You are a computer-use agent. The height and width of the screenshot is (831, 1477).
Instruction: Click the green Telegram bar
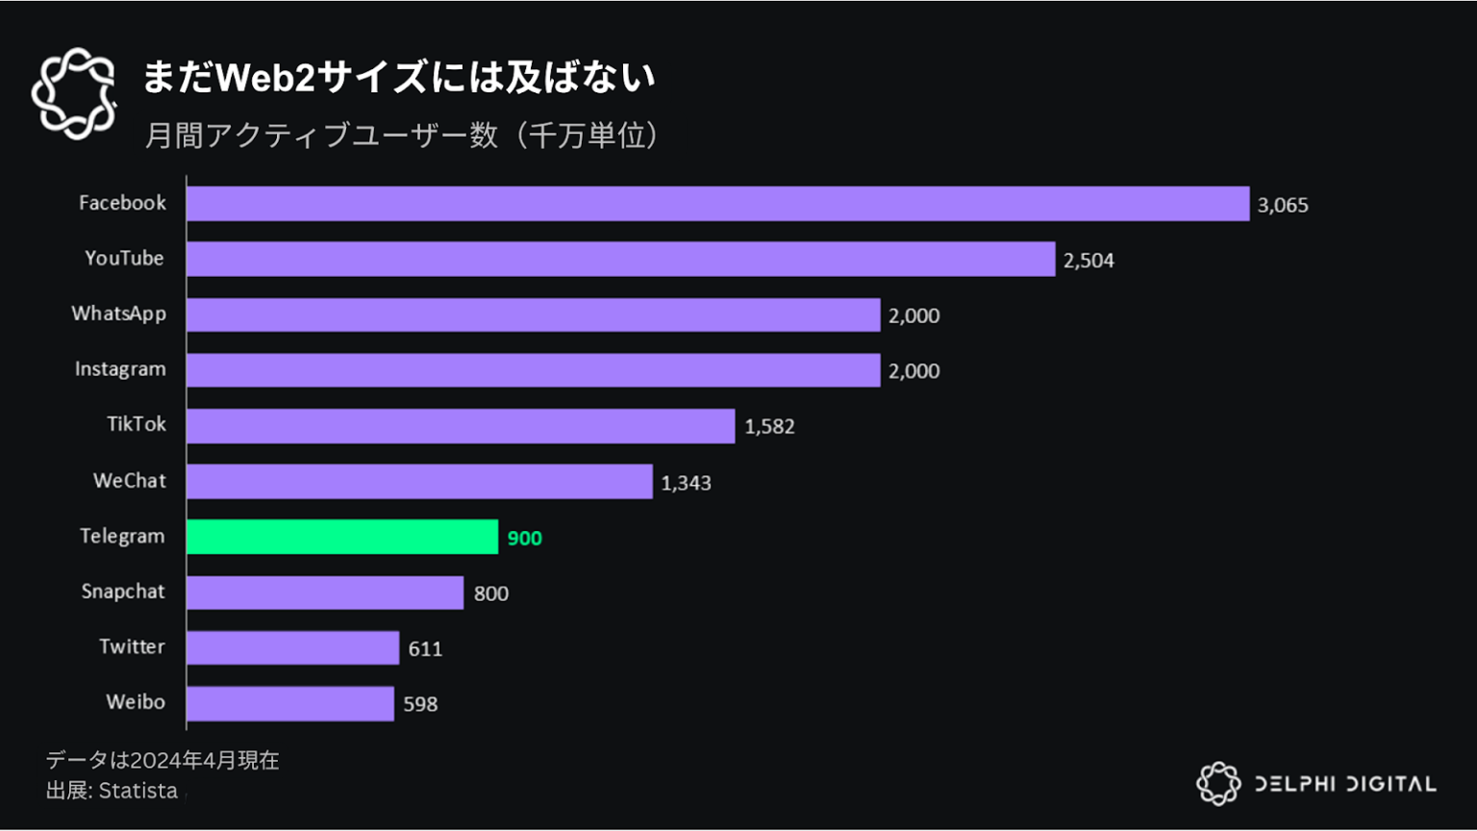tap(342, 537)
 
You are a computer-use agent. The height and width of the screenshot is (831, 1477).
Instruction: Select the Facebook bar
tap(717, 204)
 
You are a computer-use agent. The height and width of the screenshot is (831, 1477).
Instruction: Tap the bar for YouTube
tap(620, 260)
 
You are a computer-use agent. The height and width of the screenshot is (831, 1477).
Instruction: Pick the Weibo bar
tap(290, 703)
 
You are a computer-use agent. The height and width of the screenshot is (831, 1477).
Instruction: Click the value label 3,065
tap(1282, 205)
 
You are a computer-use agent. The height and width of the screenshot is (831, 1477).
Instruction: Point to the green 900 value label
tap(524, 538)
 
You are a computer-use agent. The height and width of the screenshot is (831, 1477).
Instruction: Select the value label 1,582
tap(769, 426)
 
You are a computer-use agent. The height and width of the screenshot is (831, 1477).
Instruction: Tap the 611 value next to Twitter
tap(425, 648)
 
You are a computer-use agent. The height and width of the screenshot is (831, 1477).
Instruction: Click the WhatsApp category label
tap(118, 314)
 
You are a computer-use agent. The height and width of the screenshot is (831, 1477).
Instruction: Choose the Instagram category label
tap(120, 369)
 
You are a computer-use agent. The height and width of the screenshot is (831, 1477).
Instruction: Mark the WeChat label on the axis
tap(129, 481)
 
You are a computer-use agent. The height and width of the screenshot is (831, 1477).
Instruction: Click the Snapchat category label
tap(123, 592)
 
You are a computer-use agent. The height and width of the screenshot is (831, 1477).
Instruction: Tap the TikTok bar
tap(461, 426)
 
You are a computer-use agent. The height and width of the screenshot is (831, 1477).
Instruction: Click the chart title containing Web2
tap(399, 77)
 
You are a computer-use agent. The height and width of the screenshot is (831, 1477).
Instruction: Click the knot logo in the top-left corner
tap(74, 93)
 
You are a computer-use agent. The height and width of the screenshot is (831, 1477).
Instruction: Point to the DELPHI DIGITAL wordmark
tap(1344, 784)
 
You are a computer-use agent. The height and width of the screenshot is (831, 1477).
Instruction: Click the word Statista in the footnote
tap(138, 791)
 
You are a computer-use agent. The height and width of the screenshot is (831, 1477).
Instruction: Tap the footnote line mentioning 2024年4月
tap(163, 760)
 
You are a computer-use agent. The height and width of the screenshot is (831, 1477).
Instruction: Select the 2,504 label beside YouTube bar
tap(1089, 260)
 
